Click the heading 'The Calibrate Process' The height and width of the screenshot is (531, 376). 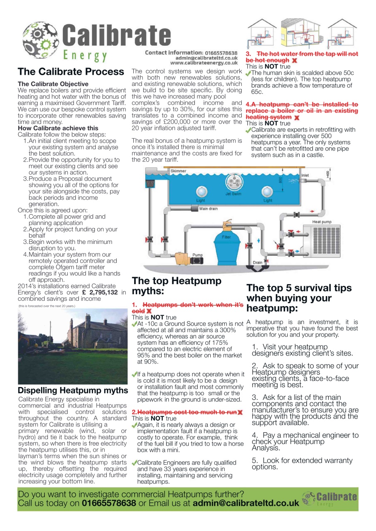(71, 71)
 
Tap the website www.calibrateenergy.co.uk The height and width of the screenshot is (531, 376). (204, 63)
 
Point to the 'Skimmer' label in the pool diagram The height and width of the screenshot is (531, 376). (178, 171)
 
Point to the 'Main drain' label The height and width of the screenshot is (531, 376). (209, 209)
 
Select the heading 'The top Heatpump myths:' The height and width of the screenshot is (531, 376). (177, 286)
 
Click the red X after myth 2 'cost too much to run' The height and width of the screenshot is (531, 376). (241, 412)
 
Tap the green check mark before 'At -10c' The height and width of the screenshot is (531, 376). (134, 324)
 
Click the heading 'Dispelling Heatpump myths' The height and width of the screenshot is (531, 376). (73, 390)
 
